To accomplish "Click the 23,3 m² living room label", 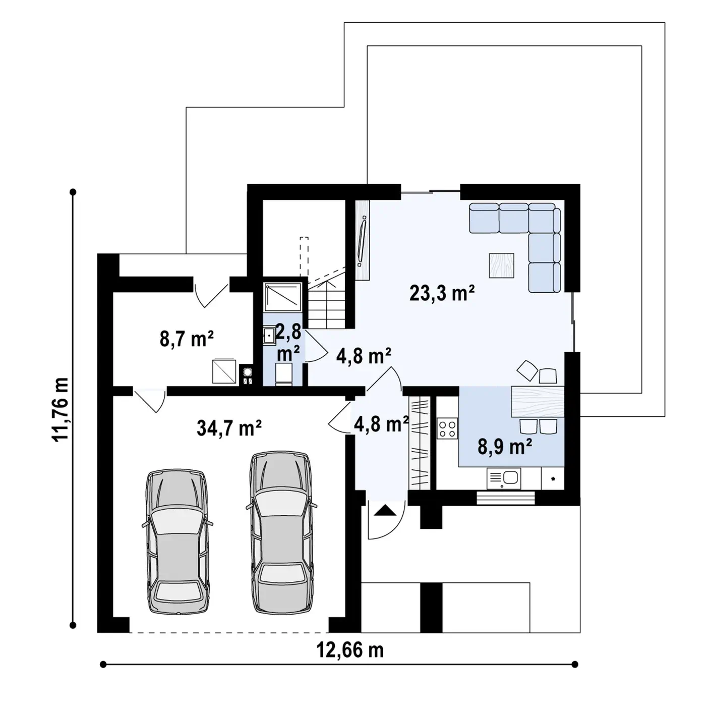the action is click(x=442, y=293).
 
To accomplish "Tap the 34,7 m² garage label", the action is click(x=229, y=427).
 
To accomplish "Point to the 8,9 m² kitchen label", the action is click(x=505, y=447).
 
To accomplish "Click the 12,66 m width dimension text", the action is click(x=350, y=650).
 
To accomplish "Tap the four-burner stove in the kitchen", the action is click(x=447, y=428).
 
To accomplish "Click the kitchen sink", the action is click(x=503, y=478).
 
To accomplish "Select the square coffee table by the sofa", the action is click(x=501, y=265).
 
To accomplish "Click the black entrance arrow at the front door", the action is click(x=384, y=510).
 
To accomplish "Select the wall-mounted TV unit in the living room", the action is click(x=363, y=240).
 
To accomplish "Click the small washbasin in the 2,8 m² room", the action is click(x=269, y=336).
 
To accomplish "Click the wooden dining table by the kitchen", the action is click(x=537, y=401).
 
